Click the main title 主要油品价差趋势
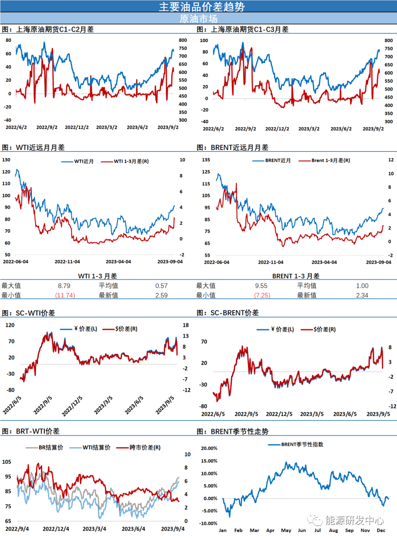pyautogui.click(x=202, y=7)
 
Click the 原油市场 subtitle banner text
pyautogui.click(x=198, y=18)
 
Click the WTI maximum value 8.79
pyautogui.click(x=64, y=286)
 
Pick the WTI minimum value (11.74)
pyautogui.click(x=65, y=295)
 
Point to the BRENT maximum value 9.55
pyautogui.click(x=261, y=286)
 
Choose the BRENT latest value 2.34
pyautogui.click(x=362, y=295)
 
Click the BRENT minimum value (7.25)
pyautogui.click(x=262, y=295)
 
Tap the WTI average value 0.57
pyautogui.click(x=161, y=286)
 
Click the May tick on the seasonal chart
pyautogui.click(x=286, y=530)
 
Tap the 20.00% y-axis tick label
pyautogui.click(x=209, y=448)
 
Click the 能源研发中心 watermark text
pyautogui.click(x=354, y=520)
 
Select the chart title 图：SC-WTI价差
pyautogui.click(x=29, y=313)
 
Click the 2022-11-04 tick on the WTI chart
pyautogui.click(x=67, y=262)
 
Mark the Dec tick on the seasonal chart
pyautogui.click(x=381, y=530)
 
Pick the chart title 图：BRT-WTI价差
pyautogui.click(x=31, y=431)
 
